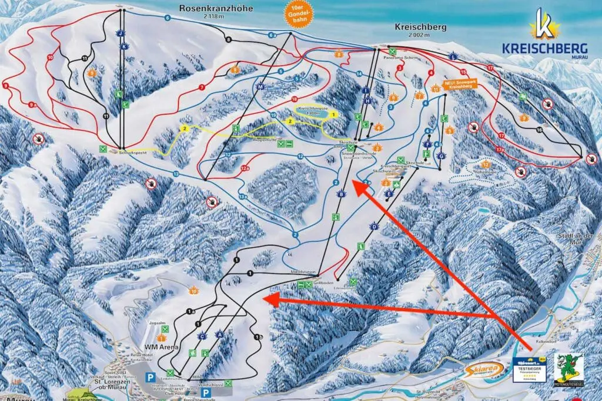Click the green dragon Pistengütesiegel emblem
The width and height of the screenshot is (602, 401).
568,369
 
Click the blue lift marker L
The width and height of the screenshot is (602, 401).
453,57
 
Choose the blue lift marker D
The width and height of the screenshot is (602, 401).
373,226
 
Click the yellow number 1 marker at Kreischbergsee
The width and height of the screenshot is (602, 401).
333,115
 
